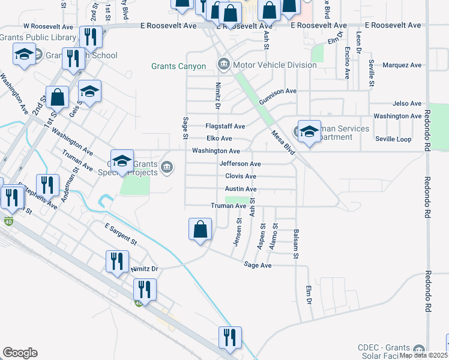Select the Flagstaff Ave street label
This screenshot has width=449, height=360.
[x=225, y=127]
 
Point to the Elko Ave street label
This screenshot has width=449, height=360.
[x=219, y=139]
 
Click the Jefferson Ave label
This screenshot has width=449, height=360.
[x=240, y=164]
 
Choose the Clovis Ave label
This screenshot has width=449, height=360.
[x=241, y=176]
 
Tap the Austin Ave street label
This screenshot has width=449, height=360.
[x=241, y=189]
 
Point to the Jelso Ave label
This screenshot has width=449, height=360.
[x=407, y=104]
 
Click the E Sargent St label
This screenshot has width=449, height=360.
[x=121, y=234]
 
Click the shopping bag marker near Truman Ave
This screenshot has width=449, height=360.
[x=200, y=229]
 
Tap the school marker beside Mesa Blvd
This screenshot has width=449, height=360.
[x=309, y=131]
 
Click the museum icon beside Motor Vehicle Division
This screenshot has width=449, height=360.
[x=224, y=64]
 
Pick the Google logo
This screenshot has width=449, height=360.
[x=20, y=353]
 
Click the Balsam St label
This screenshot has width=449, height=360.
[x=296, y=244]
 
